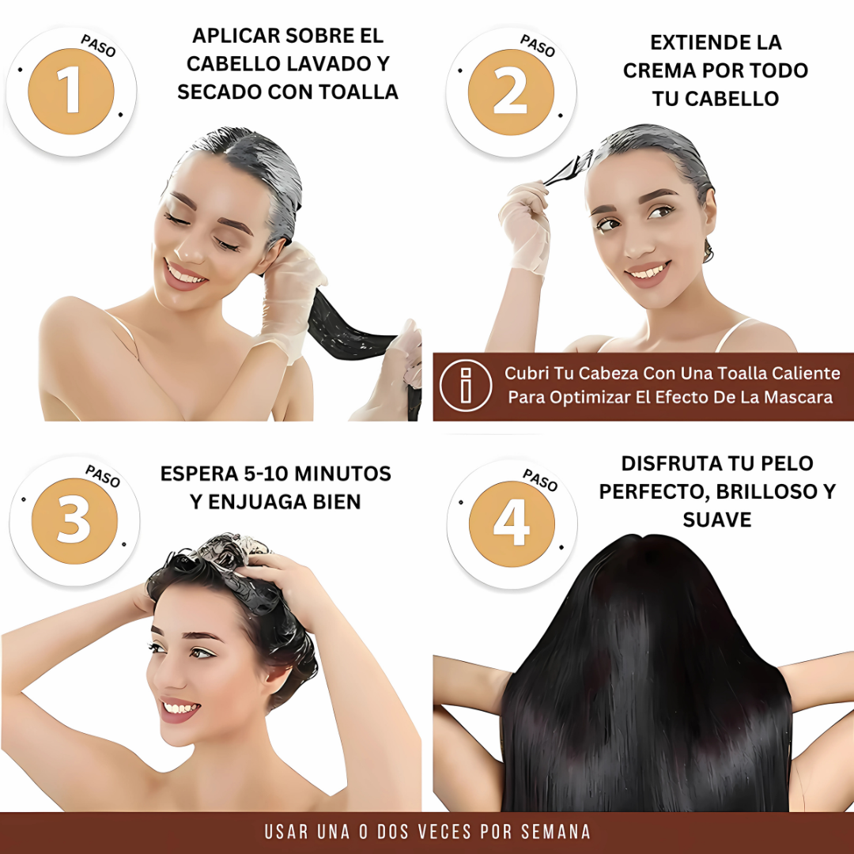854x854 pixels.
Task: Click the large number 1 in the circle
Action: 71,91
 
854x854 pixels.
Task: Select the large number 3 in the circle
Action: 74,520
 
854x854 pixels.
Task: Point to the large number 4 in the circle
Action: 512,523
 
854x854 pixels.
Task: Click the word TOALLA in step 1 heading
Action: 358,92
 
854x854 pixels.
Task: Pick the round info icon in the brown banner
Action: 466,386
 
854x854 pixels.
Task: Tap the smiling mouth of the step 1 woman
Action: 184,275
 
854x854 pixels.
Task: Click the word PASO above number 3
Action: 102,477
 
